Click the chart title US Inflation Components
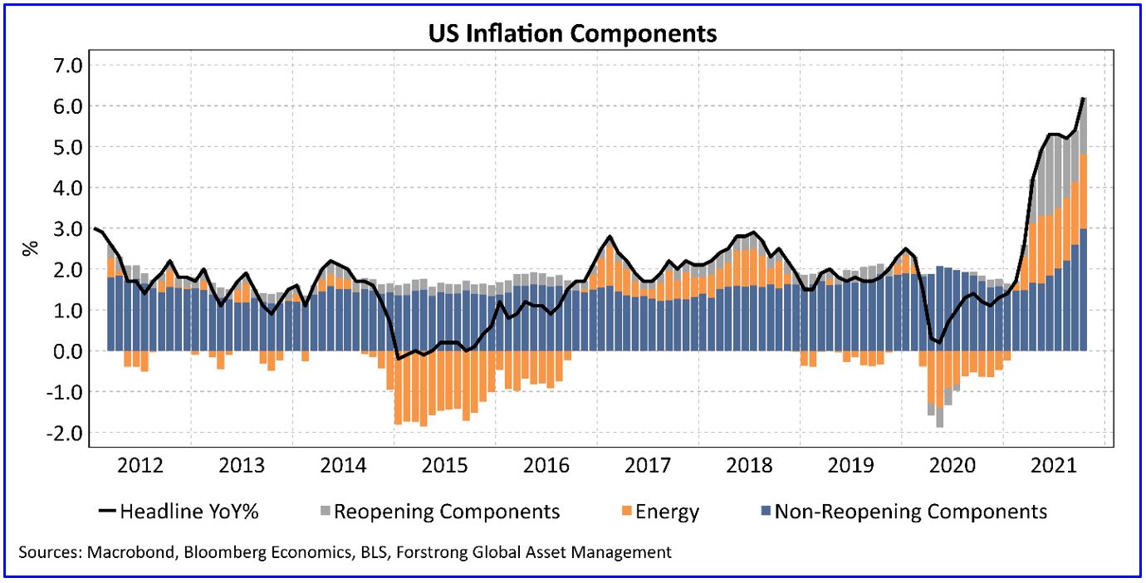[572, 34]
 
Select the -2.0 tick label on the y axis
[57, 433]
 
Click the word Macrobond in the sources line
[122, 551]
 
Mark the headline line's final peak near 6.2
[1084, 98]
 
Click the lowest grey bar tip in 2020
[939, 427]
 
